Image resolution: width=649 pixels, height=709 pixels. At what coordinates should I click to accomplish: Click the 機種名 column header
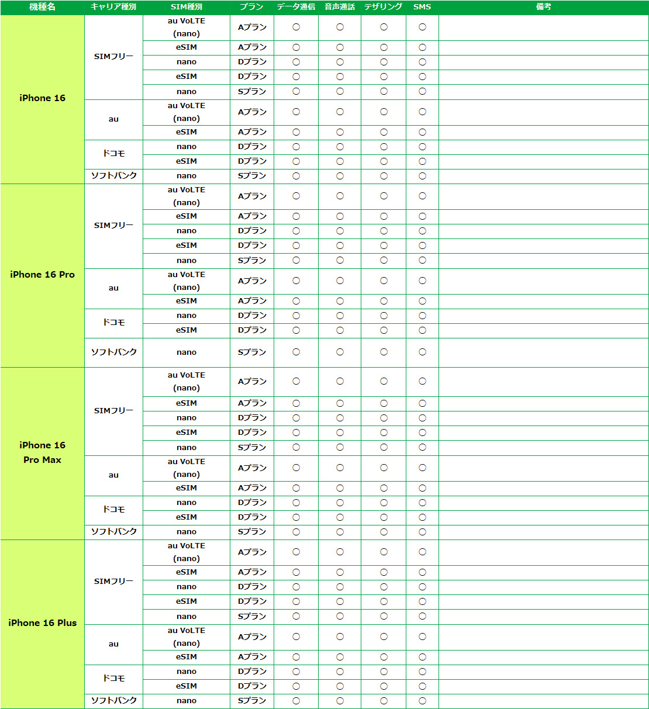click(x=42, y=7)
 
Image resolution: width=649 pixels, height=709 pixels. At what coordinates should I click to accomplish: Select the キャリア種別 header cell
click(x=113, y=7)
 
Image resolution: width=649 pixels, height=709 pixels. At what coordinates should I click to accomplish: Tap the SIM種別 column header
click(x=187, y=7)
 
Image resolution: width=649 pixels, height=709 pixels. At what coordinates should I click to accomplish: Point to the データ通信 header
click(x=296, y=7)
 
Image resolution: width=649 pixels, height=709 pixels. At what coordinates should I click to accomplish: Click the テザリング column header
click(x=384, y=7)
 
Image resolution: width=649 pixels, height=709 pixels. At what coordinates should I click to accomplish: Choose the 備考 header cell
click(x=543, y=7)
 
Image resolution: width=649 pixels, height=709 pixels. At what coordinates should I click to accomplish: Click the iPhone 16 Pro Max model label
click(x=42, y=452)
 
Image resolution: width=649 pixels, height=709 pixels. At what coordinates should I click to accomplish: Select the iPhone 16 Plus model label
click(x=42, y=623)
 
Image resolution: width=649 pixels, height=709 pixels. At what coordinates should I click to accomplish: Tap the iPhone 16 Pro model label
click(x=42, y=275)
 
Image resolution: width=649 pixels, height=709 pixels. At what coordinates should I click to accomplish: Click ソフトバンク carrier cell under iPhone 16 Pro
click(x=113, y=352)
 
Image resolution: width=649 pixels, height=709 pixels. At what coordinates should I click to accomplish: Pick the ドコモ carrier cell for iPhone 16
click(x=113, y=154)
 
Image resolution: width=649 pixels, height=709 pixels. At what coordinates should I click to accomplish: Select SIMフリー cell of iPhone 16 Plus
click(x=113, y=582)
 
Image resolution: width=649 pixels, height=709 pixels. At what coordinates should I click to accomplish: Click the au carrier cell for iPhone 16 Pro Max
click(x=113, y=475)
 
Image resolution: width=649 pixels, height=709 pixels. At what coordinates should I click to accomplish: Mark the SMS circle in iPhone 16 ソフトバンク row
click(x=422, y=176)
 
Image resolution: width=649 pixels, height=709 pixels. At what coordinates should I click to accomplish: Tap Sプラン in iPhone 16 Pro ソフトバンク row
click(x=252, y=352)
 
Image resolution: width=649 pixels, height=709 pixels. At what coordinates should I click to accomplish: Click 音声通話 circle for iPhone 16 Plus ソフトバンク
click(x=340, y=701)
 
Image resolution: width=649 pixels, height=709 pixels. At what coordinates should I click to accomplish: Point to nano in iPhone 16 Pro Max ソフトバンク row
click(x=187, y=532)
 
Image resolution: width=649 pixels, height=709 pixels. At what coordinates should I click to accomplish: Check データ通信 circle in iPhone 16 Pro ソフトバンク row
click(x=296, y=352)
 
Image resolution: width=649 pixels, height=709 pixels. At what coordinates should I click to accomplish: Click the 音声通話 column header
click(x=340, y=7)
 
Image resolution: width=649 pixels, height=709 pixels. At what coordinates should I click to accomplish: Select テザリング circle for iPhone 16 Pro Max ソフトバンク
click(x=384, y=532)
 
